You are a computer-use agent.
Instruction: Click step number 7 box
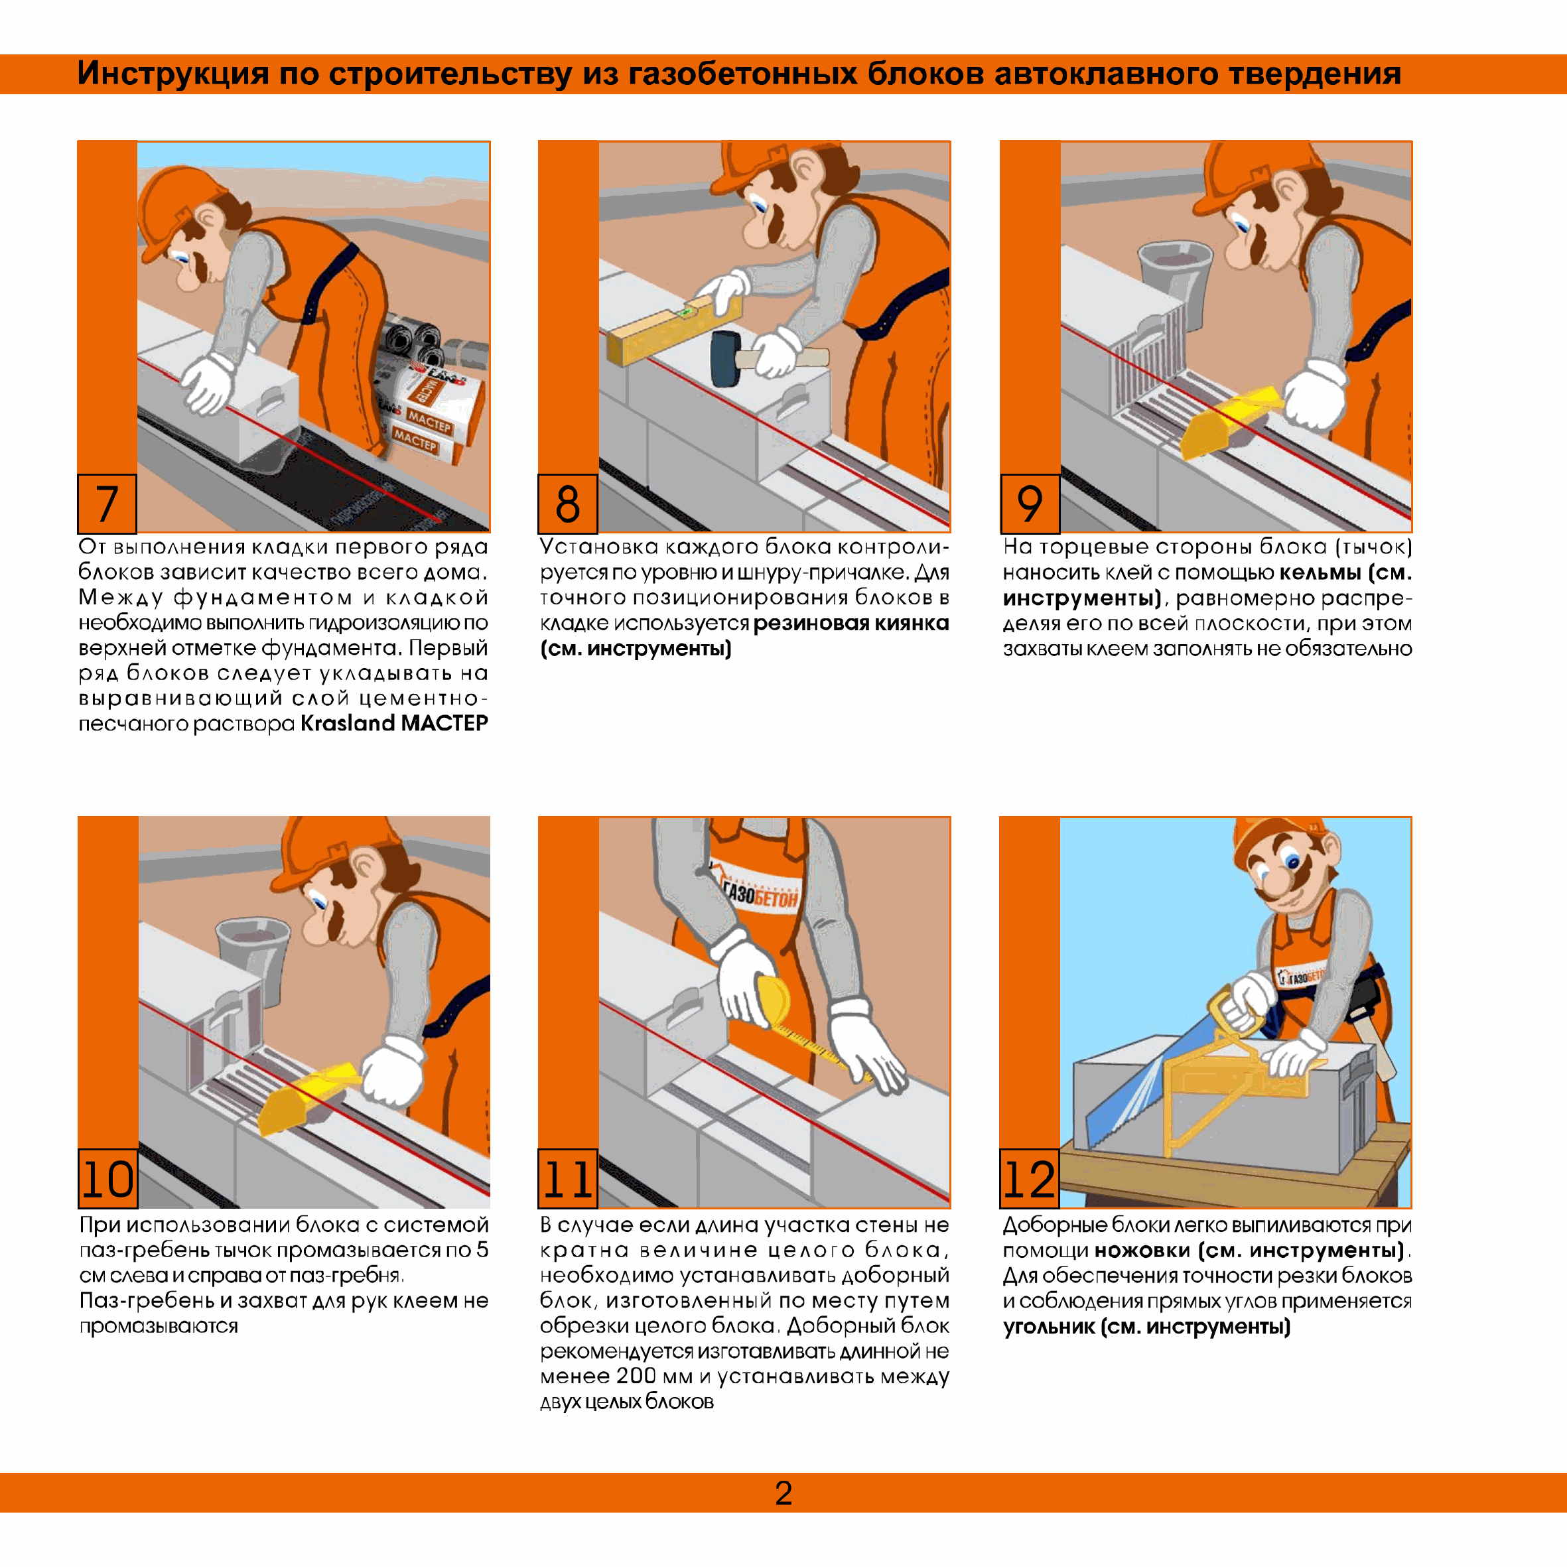click(107, 504)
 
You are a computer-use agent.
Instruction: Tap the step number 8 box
click(568, 504)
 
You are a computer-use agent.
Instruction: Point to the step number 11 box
click(568, 1178)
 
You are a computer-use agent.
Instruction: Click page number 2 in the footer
click(783, 1493)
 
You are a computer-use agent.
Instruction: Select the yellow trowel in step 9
click(1229, 420)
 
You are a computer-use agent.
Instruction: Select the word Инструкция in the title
click(172, 74)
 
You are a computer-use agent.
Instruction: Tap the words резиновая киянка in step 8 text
click(851, 623)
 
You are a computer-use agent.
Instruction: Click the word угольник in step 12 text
click(1049, 1327)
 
